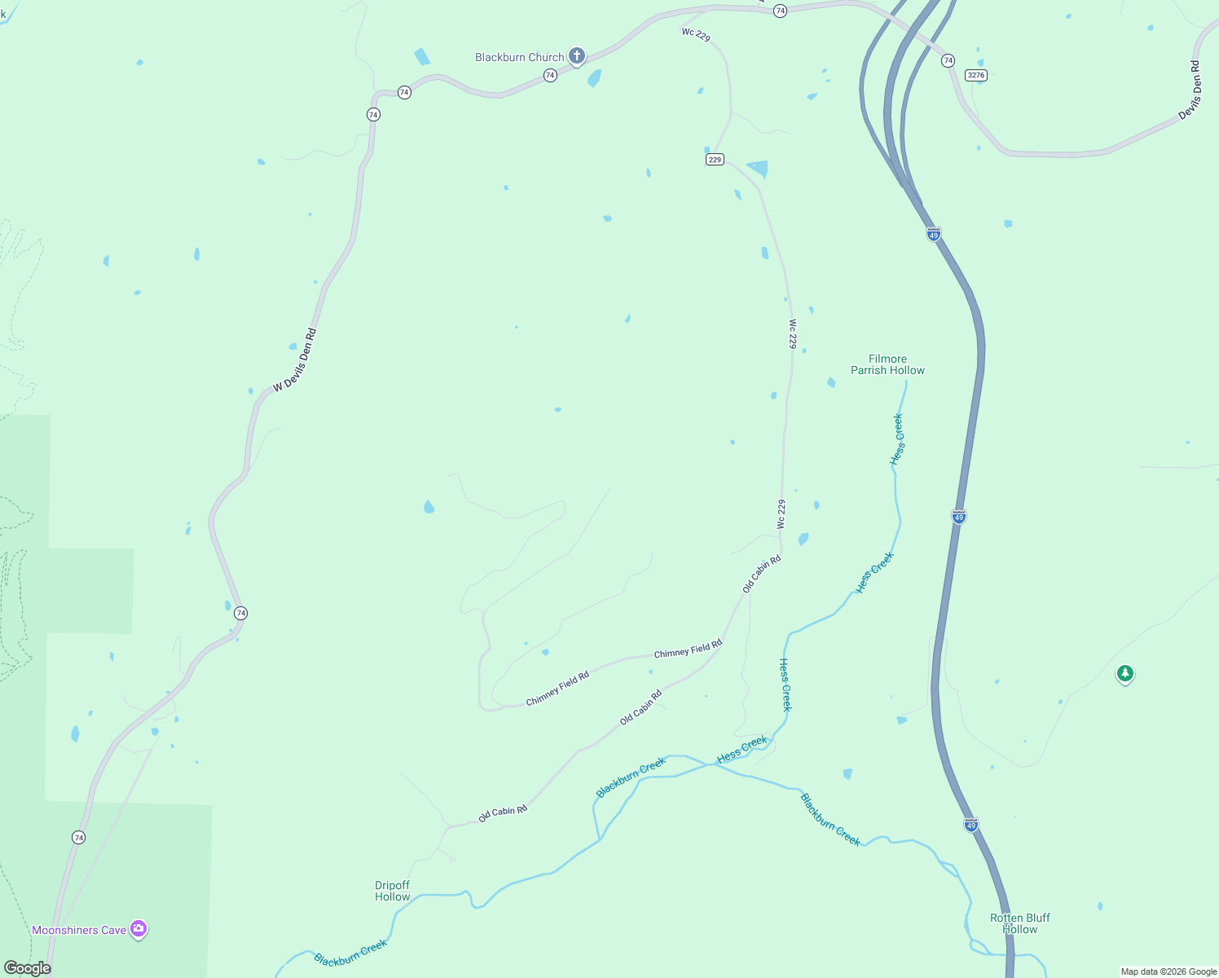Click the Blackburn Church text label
click(x=520, y=57)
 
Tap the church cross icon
click(x=577, y=56)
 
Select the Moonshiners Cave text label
click(x=79, y=930)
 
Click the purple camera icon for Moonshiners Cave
click(x=139, y=928)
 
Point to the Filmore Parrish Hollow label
click(x=887, y=364)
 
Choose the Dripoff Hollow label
click(x=392, y=891)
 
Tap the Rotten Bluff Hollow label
click(x=1019, y=923)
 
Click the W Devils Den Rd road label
click(x=295, y=359)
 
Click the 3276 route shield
click(x=975, y=75)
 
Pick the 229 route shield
click(x=715, y=160)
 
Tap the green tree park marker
click(x=1125, y=673)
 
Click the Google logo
click(x=28, y=968)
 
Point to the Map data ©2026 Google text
click(x=1168, y=971)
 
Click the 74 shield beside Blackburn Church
click(x=550, y=75)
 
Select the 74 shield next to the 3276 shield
click(x=948, y=60)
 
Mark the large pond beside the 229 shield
click(x=759, y=169)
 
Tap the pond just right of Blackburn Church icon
click(x=595, y=78)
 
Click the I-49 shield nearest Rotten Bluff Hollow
click(x=970, y=825)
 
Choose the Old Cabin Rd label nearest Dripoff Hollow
click(x=503, y=813)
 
